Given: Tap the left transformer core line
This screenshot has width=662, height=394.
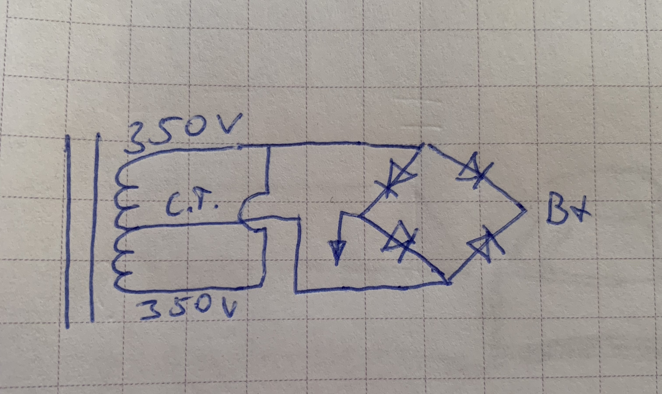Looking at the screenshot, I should click(67, 231).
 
